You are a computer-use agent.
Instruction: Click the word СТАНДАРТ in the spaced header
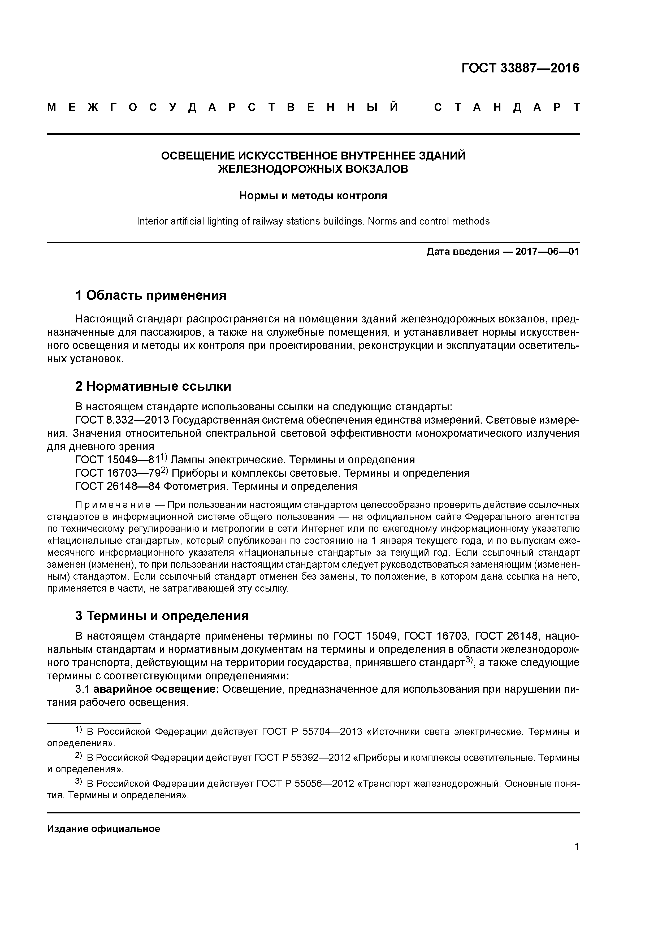pyautogui.click(x=507, y=108)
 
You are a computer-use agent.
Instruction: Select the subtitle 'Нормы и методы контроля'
pyautogui.click(x=313, y=196)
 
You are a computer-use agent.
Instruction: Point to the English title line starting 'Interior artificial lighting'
pyautogui.click(x=313, y=221)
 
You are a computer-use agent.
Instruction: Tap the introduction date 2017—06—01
pyautogui.click(x=547, y=252)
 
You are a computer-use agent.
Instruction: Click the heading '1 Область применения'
pyautogui.click(x=150, y=295)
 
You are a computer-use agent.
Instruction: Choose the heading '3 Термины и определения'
pyautogui.click(x=162, y=616)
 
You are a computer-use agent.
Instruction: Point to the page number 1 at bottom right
pyautogui.click(x=577, y=847)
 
